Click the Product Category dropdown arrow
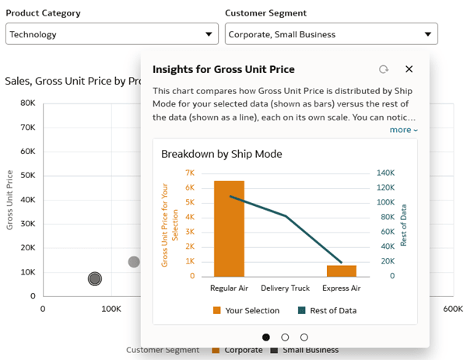208,34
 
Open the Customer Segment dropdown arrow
427,34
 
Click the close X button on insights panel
409,69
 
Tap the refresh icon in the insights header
384,69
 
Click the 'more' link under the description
403,130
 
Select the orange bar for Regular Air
229,229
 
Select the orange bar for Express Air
341,271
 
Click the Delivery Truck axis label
285,288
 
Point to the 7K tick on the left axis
189,173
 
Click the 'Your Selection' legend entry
246,311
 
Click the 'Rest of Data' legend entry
327,311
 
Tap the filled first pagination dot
266,337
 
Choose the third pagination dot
304,337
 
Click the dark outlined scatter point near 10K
95,278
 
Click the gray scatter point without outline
134,262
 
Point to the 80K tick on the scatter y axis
27,103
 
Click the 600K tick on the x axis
453,309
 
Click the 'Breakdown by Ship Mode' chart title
221,154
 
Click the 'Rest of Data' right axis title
403,225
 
